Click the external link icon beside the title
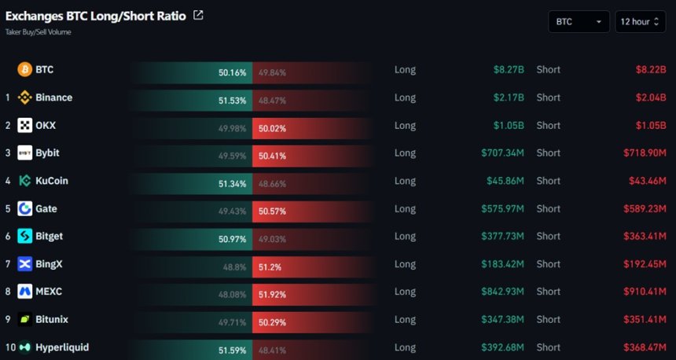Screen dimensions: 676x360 tap(198, 16)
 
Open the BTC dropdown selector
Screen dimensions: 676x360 tap(579, 21)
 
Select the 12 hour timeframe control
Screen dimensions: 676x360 tap(640, 21)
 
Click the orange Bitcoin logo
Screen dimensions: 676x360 tap(24, 69)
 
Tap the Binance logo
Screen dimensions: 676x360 tap(24, 97)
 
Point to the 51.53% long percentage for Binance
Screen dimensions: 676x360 tap(233, 101)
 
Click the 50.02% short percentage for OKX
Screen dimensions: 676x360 tap(272, 128)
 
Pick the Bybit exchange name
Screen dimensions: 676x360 tap(47, 153)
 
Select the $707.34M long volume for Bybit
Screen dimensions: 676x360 tap(503, 153)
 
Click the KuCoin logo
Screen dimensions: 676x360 tap(24, 181)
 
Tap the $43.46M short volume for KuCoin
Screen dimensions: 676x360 tap(648, 181)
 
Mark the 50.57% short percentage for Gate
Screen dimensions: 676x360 tap(272, 211)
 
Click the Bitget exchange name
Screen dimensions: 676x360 tap(50, 237)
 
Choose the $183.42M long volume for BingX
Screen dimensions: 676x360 tap(503, 264)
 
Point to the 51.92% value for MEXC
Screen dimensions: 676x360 tap(272, 295)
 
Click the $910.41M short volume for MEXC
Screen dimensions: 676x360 tap(645, 292)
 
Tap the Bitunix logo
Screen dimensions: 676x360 tap(24, 319)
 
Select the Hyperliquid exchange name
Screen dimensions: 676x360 tap(62, 347)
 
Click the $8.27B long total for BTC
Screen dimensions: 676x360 tap(509, 69)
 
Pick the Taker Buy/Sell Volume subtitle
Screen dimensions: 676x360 tap(38, 32)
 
